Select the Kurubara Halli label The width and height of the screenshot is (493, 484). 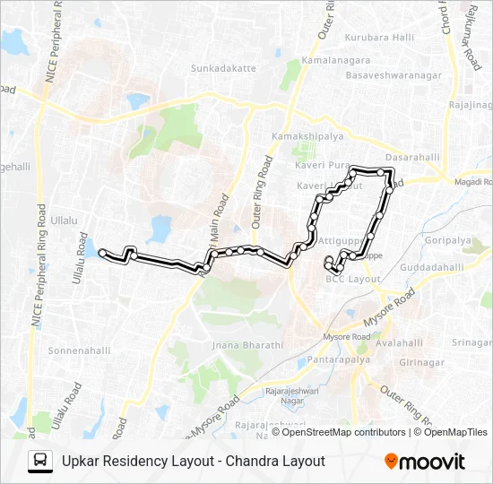coord(380,37)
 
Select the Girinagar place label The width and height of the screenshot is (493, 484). coord(422,361)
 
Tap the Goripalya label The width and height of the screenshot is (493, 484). coord(449,241)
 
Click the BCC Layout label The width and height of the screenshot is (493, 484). coord(353,280)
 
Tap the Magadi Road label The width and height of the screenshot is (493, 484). coord(472,182)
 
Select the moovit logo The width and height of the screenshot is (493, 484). coord(424,462)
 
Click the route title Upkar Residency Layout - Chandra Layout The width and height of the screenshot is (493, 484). coord(193,462)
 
